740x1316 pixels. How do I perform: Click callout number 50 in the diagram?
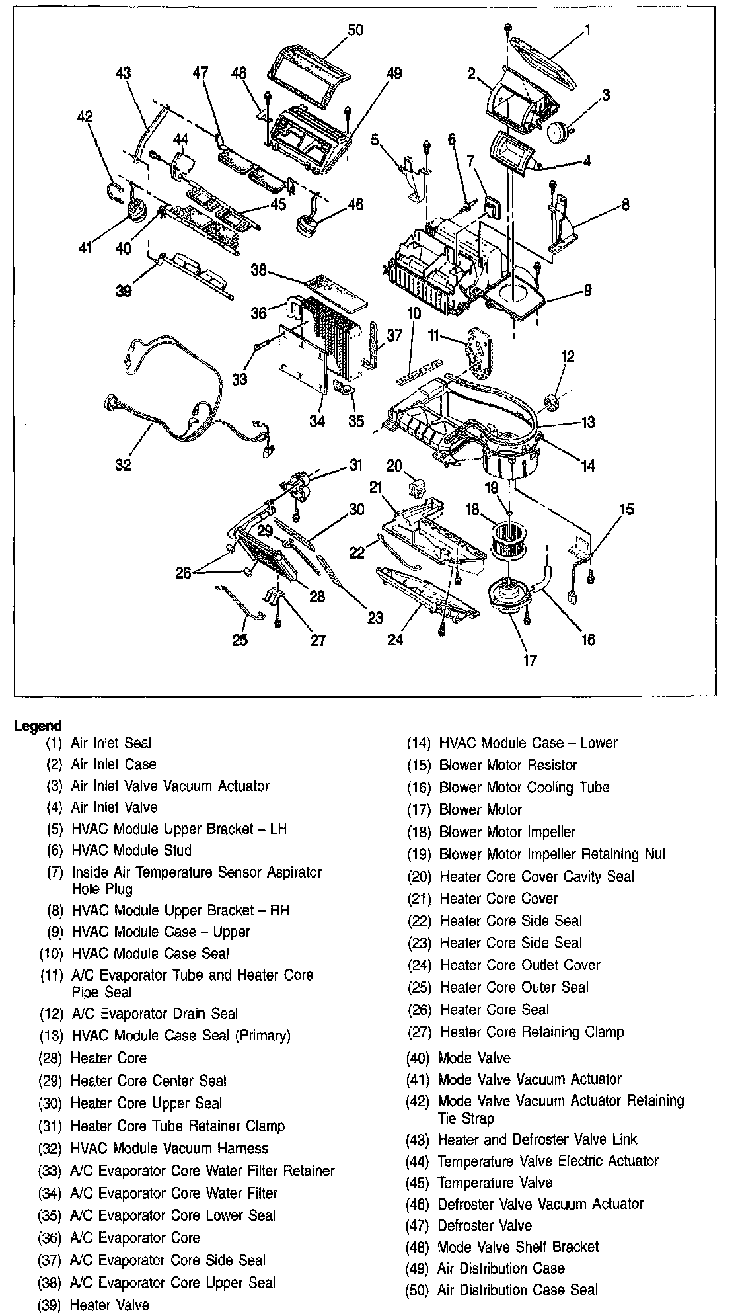coord(355,30)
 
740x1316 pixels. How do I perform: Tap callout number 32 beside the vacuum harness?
coord(124,465)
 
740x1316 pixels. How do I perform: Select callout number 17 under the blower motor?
coord(530,659)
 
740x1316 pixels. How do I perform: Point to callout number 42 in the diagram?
coord(85,117)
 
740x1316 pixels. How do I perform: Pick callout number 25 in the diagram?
coord(240,640)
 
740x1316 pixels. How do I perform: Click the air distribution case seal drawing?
coord(307,65)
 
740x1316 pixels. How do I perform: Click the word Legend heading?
coord(38,725)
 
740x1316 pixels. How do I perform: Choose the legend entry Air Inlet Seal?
coord(111,743)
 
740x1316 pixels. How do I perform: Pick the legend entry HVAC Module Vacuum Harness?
coord(169,1149)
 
